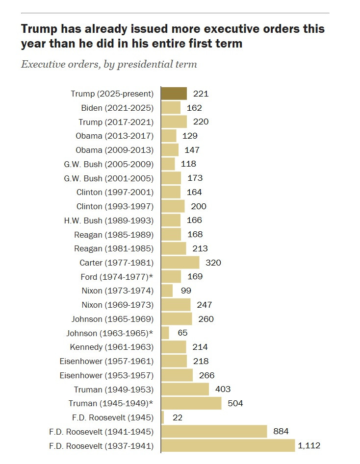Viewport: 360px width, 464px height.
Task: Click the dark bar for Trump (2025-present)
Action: click(174, 94)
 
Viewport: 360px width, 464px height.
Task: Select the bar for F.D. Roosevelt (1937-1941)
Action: click(228, 446)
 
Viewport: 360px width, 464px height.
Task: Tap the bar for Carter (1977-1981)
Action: click(180, 263)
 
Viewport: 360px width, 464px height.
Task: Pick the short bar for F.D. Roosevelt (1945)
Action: click(163, 417)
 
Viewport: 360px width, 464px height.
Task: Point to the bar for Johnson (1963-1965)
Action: click(165, 333)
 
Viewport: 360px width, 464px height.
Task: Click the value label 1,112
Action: click(309, 446)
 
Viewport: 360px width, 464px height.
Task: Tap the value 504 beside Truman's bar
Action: click(235, 404)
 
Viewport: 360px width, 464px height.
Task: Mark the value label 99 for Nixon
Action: click(185, 291)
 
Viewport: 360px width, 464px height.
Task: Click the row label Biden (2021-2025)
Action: click(117, 108)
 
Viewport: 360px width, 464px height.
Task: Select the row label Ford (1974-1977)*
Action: click(117, 277)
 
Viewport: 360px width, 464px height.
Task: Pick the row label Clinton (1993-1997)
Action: click(115, 206)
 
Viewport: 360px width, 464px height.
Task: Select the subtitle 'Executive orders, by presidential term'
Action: click(109, 64)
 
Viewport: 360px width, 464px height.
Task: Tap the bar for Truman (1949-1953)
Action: click(185, 390)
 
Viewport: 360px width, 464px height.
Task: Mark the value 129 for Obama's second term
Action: click(190, 136)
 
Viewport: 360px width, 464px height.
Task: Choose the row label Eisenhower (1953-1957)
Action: click(106, 375)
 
